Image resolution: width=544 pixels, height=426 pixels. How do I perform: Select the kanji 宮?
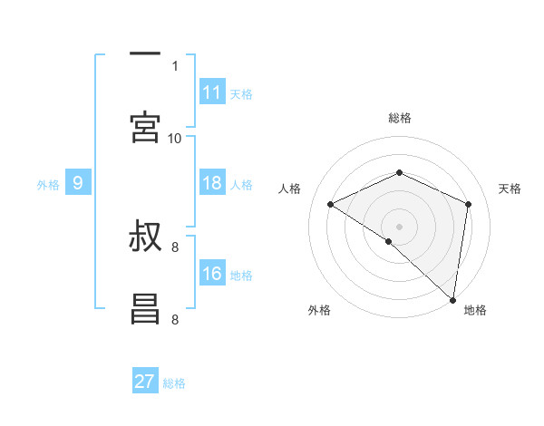pos(145,126)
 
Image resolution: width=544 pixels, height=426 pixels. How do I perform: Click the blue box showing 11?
pos(212,92)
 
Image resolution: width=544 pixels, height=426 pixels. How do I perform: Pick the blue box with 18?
pos(212,183)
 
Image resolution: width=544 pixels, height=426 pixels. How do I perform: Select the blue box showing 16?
pos(212,274)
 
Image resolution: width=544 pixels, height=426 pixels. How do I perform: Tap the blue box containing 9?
pos(78,183)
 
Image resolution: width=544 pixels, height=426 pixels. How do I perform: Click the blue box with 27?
pos(145,382)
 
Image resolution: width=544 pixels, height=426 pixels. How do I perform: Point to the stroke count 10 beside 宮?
pos(174,138)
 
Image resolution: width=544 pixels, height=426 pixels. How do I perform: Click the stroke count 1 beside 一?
pos(174,65)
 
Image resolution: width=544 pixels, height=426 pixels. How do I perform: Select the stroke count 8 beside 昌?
pos(174,319)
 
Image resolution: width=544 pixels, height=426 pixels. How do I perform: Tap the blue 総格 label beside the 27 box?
pos(174,382)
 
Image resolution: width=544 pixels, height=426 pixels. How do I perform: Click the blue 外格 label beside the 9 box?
pos(48,184)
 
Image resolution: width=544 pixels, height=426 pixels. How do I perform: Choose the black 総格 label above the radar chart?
pos(399,118)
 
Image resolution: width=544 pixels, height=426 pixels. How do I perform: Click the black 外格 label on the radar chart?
pos(319,310)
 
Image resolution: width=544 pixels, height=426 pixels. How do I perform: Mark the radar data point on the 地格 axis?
pos(453,299)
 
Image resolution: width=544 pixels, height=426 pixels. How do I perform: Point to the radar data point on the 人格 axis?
pos(331,205)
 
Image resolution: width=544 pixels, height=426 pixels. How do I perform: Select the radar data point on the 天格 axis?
pos(468,204)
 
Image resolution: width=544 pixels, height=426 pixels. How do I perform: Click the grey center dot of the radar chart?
pos(399,226)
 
